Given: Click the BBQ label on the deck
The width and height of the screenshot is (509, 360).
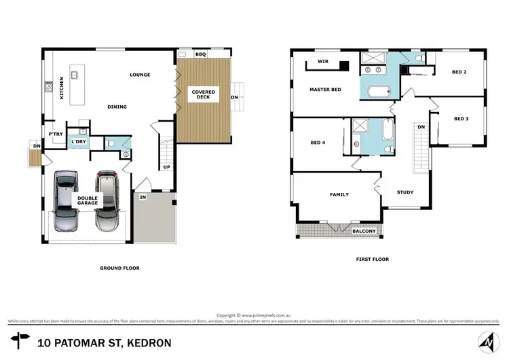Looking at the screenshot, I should (x=201, y=54).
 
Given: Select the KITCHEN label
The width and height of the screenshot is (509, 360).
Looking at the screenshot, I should (x=61, y=88).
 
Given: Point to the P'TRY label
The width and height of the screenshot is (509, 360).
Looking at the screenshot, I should (x=56, y=134).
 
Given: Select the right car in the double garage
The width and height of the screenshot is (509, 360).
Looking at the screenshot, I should (x=107, y=200).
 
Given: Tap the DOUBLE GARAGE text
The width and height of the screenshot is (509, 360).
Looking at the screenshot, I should (x=87, y=202).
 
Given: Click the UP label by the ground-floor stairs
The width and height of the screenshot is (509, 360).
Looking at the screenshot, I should (x=166, y=166).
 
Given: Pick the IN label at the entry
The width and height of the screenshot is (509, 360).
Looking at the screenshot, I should (x=143, y=197).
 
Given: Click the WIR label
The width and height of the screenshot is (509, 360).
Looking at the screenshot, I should (x=314, y=60).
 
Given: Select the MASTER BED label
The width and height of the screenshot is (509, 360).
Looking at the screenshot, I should (x=325, y=90).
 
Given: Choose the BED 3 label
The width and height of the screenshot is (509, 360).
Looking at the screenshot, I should (x=461, y=119).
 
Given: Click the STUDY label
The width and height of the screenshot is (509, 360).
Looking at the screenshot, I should (x=405, y=192).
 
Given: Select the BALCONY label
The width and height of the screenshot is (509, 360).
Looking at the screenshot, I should (x=364, y=232).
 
